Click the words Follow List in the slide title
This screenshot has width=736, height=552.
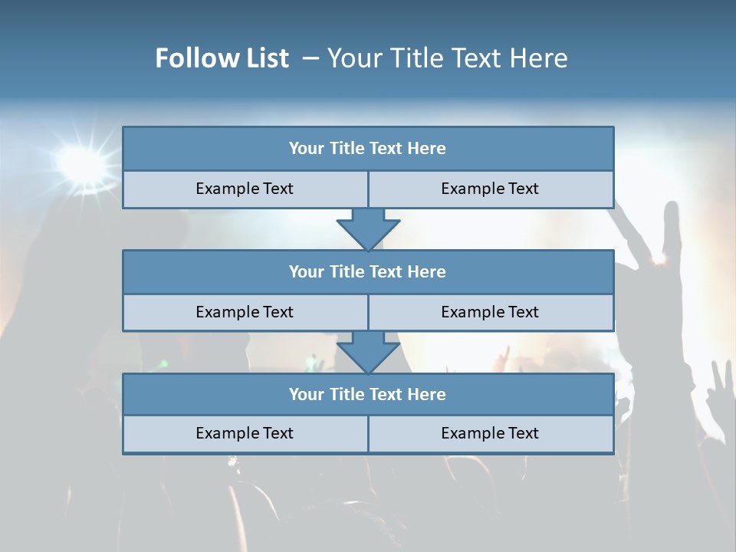(222, 58)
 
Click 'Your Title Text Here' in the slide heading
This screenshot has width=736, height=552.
(447, 58)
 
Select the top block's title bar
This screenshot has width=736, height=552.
(368, 149)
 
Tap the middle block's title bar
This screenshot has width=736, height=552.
(368, 272)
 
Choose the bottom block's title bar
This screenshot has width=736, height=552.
(368, 395)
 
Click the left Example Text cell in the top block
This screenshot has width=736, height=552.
(245, 189)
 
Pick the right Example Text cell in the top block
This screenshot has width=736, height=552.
(490, 189)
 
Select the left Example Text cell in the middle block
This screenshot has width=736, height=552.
(245, 313)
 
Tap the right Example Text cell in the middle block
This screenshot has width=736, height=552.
(490, 313)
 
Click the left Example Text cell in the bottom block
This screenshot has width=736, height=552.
(245, 434)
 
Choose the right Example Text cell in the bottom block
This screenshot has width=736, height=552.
(490, 434)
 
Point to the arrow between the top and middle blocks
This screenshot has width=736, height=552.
(368, 229)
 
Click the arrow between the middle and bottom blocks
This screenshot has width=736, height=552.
(368, 352)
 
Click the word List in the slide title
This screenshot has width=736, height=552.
(268, 58)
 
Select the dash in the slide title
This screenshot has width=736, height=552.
(310, 58)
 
